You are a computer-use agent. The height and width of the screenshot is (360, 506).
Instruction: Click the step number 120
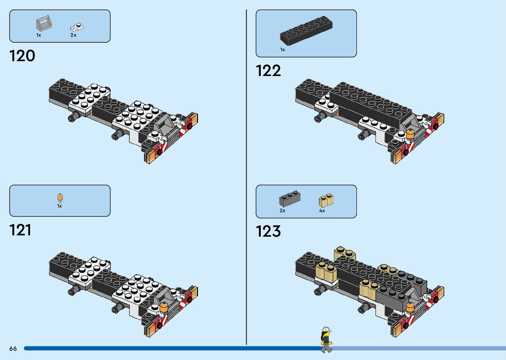(x=22, y=56)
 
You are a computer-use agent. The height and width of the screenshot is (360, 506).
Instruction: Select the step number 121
(x=20, y=230)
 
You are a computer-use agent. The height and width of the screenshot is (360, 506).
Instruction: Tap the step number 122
(x=268, y=71)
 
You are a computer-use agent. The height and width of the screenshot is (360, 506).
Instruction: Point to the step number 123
(x=268, y=231)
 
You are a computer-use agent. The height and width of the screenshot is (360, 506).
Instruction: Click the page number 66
(x=13, y=348)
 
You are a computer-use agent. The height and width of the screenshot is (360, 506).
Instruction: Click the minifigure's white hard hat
(x=326, y=329)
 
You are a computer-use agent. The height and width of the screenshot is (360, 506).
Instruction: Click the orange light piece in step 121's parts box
(x=60, y=198)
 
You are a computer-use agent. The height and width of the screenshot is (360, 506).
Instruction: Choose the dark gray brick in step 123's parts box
(x=290, y=199)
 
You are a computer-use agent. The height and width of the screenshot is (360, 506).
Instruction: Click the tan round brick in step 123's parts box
(x=326, y=200)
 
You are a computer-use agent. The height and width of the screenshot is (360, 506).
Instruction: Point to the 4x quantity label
(x=322, y=211)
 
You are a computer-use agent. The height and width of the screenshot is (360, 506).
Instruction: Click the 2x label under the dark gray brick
(x=282, y=211)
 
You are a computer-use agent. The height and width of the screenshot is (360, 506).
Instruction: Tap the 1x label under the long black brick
(x=282, y=50)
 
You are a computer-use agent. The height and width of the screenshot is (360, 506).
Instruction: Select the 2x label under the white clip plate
(x=73, y=35)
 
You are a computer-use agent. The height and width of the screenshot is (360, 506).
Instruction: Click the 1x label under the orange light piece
(x=59, y=206)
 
